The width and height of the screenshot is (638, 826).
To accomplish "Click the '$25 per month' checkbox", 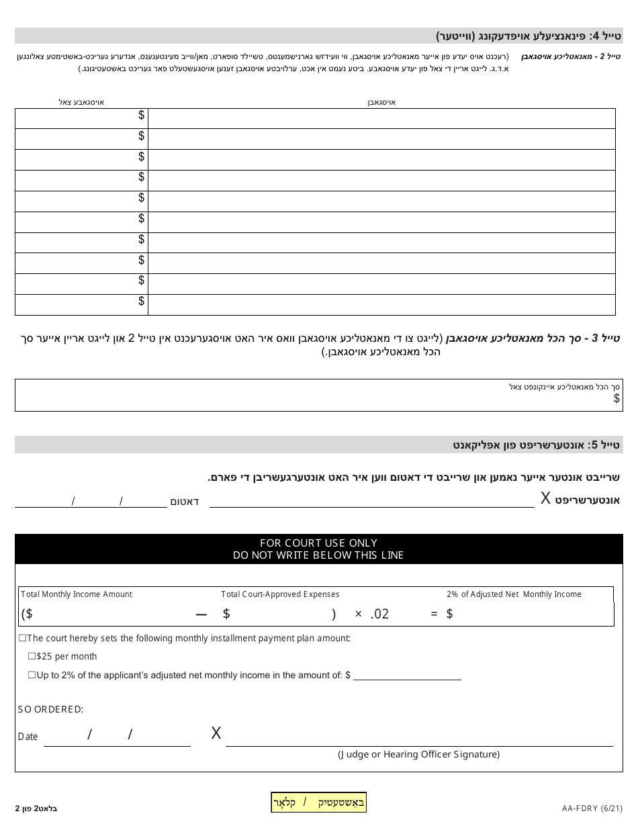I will coord(32,656).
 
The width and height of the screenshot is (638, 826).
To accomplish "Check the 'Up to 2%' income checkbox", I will coord(32,675).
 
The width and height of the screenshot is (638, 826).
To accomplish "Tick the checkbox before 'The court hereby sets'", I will coord(22,638).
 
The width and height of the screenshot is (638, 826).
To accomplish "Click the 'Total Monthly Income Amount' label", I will coord(77,594).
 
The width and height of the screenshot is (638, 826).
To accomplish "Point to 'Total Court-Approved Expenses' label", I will coord(280,594).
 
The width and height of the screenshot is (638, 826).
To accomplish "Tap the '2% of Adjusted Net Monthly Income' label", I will coord(514,594).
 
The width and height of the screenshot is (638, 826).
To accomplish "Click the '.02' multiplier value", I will coord(379,614).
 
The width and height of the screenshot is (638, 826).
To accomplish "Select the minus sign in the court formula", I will coord(201,614).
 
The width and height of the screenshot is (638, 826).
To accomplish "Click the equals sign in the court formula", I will coord(434,614).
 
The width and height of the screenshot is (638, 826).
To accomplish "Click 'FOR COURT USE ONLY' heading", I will coord(318,543).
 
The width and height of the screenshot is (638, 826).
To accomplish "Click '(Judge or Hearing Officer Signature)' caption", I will coord(418,754).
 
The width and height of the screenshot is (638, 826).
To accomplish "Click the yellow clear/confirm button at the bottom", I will coord(318,802).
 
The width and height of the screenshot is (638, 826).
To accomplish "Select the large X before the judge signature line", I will coord(216,733).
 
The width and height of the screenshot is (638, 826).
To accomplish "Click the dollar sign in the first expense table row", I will coord(142,116).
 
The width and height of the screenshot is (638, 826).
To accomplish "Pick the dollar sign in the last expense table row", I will coord(142,301).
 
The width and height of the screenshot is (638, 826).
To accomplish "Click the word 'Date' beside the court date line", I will coord(28,737).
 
